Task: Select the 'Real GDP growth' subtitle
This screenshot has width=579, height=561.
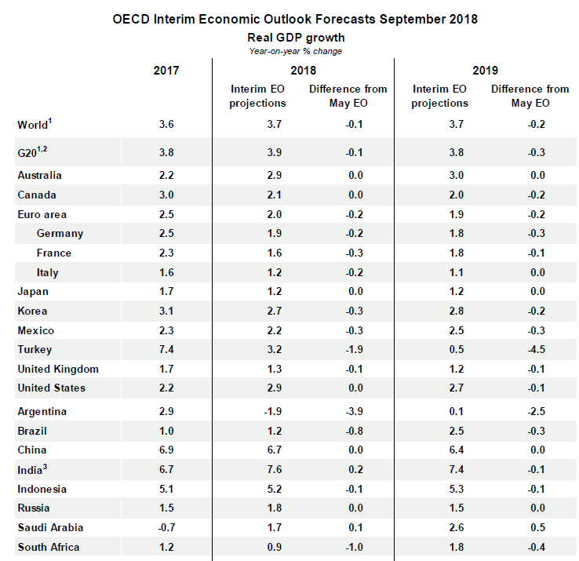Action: coord(296,37)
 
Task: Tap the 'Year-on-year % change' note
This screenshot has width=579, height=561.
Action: coord(296,50)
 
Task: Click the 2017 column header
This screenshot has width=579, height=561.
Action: coord(166,70)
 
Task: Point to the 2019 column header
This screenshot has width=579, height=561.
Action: coord(486,70)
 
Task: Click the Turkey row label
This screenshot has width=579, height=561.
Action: coord(35,350)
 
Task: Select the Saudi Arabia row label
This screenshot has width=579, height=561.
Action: coord(50,528)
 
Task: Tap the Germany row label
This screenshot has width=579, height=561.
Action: coord(60,233)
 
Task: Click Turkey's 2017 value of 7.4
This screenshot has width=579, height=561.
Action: coord(166,350)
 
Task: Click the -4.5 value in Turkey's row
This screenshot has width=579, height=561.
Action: coord(530,350)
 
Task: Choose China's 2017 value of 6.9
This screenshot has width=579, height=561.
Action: coord(166,450)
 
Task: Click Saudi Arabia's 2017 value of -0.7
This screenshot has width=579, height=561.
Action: coord(166,528)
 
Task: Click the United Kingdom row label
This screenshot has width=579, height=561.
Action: coord(58,369)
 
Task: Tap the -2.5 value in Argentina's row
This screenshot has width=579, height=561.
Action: coord(530,412)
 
